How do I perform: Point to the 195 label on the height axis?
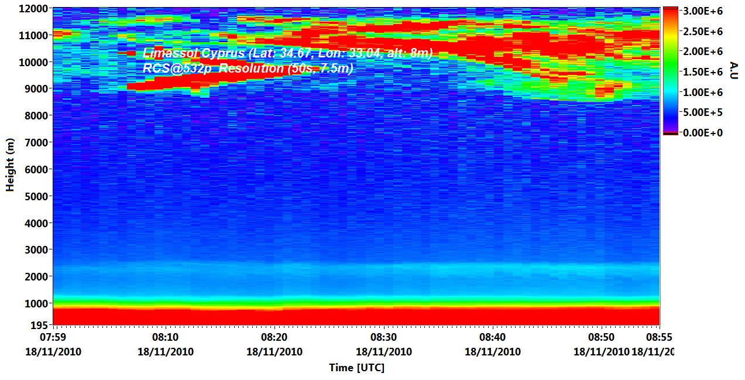pyautogui.click(x=39, y=325)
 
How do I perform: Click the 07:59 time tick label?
pyautogui.click(x=53, y=337)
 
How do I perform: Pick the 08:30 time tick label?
pyautogui.click(x=383, y=337)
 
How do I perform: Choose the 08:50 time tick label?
pyautogui.click(x=601, y=337)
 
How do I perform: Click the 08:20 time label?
pyautogui.click(x=274, y=337)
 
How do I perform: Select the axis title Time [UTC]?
pyautogui.click(x=356, y=368)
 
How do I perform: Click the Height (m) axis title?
pyautogui.click(x=10, y=165)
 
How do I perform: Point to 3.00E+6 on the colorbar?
pyautogui.click(x=702, y=11)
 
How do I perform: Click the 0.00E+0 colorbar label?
pyautogui.click(x=702, y=133)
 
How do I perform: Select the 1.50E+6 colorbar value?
pyautogui.click(x=702, y=72)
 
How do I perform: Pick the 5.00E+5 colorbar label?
pyautogui.click(x=702, y=112)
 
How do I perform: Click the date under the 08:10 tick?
pyautogui.click(x=166, y=352)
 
